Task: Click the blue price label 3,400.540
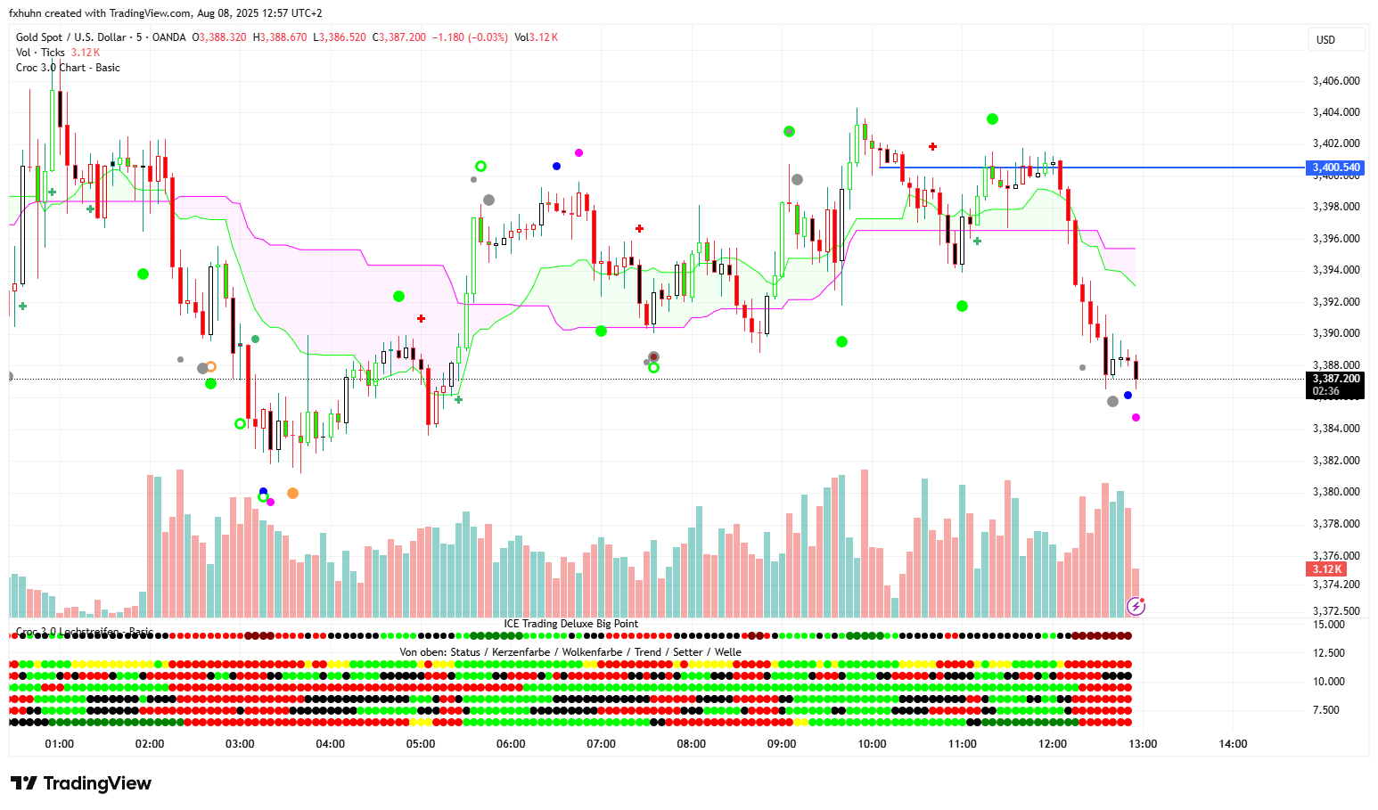pos(1335,168)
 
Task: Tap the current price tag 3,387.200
pos(1335,379)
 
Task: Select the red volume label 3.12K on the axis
pos(1326,569)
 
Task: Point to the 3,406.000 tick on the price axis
pos(1335,81)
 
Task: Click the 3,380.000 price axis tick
pos(1335,492)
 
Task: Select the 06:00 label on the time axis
pos(511,744)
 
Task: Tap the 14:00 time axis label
pos(1233,744)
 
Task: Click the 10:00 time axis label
pos(872,744)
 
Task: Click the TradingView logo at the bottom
pos(81,783)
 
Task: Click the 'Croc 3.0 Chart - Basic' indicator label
pos(68,68)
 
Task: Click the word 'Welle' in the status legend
pos(727,652)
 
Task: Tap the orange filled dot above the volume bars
pos(292,493)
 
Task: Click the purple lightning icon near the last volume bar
pos(1136,607)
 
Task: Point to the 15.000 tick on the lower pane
pos(1329,625)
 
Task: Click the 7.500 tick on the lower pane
pos(1326,710)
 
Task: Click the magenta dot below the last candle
pos(1136,417)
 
